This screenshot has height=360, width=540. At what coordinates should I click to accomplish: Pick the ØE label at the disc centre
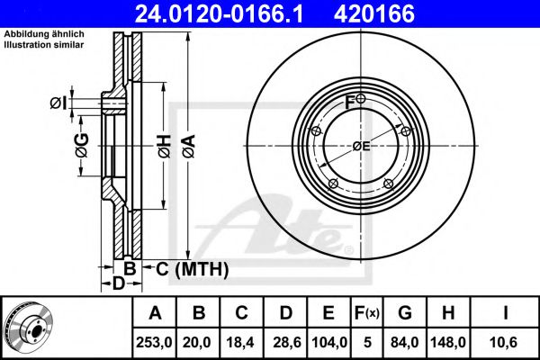coord(361,146)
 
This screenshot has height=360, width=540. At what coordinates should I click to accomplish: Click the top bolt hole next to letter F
coord(361,98)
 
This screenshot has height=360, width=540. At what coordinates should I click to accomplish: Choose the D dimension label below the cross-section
coord(118,284)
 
